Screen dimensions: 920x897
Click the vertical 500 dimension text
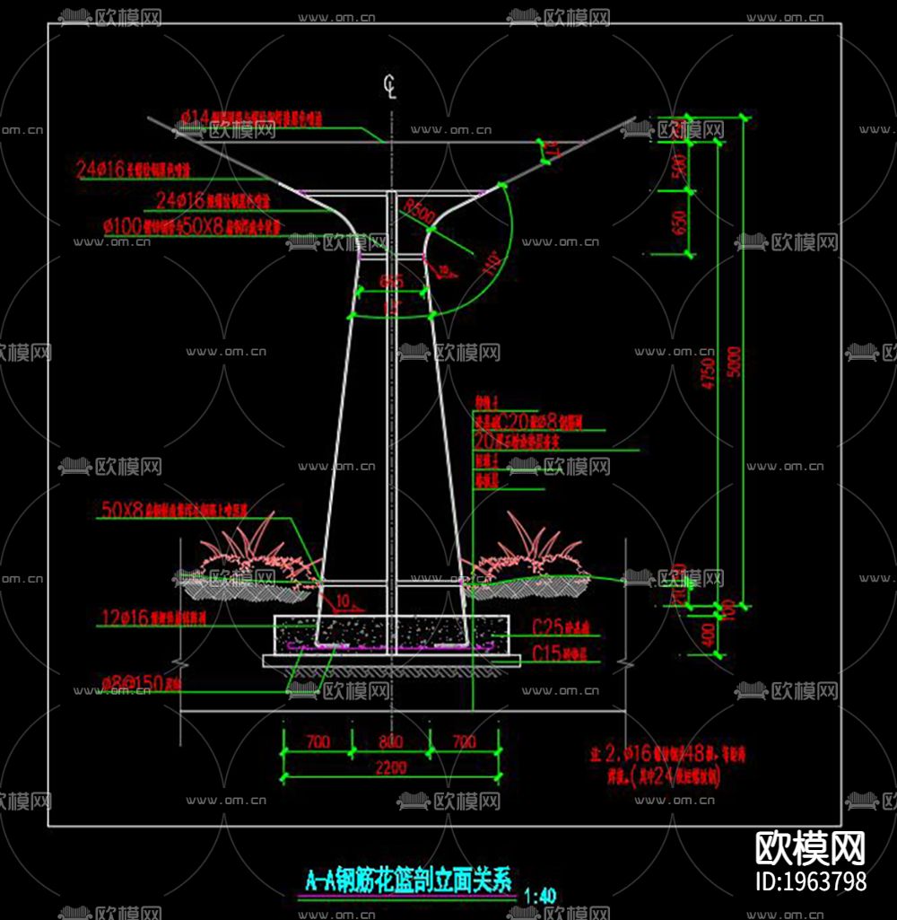[678, 165]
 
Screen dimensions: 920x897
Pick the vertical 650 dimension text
[678, 223]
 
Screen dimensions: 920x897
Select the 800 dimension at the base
[391, 742]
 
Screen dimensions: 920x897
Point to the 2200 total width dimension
[391, 767]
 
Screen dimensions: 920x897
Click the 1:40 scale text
[538, 895]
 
